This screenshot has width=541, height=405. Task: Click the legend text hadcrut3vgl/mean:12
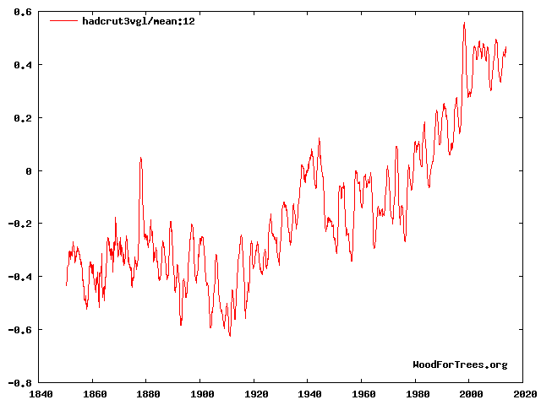(138, 21)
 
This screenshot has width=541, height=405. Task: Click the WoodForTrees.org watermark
(460, 364)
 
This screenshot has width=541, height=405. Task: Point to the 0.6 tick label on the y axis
(22, 12)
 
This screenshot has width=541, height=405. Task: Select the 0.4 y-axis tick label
(22, 65)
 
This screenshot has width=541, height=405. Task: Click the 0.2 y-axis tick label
(22, 118)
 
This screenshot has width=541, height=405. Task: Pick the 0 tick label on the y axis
(28, 170)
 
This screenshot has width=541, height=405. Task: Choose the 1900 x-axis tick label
(200, 393)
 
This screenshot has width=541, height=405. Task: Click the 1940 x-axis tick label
(309, 393)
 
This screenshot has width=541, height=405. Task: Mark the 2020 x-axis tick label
(523, 393)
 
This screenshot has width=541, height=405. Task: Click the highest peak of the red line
(464, 24)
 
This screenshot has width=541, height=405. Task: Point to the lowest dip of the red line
(230, 336)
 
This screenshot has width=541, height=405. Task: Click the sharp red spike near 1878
(141, 158)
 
